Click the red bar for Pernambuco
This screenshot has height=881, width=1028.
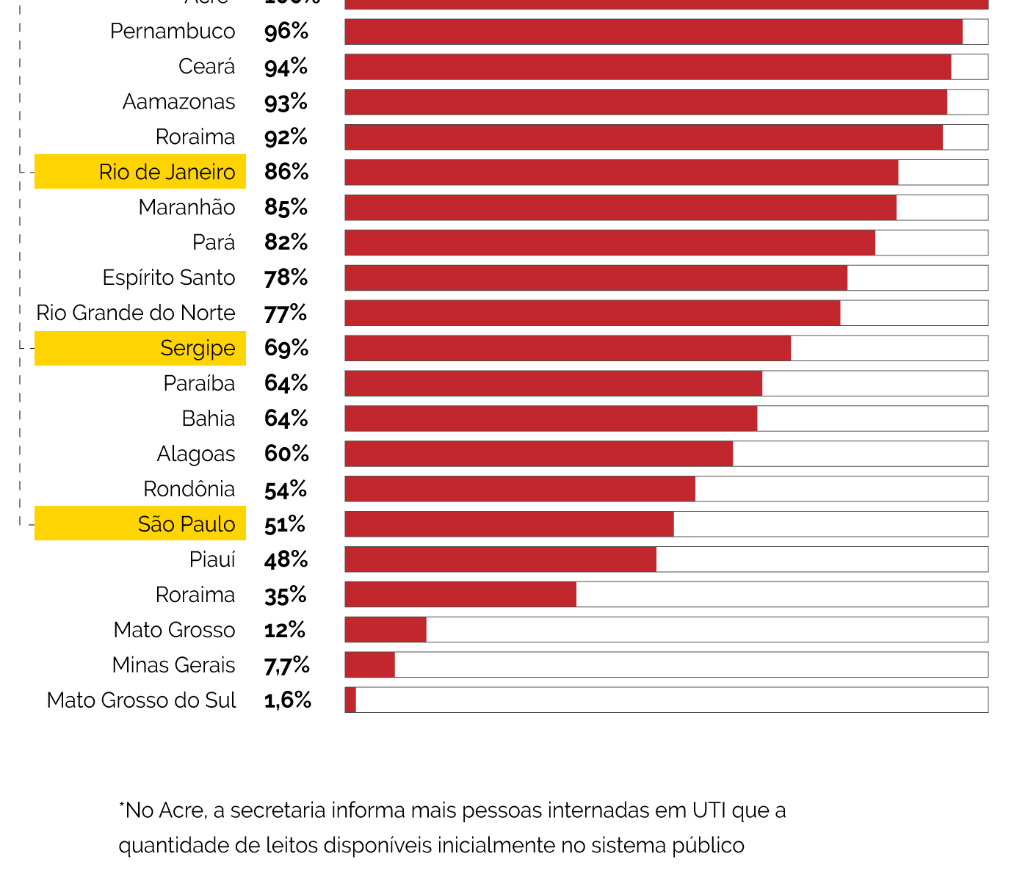pos(654,32)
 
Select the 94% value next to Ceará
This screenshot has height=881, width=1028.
pos(286,67)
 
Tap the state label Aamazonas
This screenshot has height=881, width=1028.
pos(178,101)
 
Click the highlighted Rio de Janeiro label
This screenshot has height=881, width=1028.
pos(167,172)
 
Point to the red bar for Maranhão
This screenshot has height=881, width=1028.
pos(620,208)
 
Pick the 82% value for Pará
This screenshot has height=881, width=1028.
pos(286,242)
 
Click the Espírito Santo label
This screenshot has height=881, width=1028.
pos(169,278)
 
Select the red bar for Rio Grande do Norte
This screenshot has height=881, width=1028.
pos(593,313)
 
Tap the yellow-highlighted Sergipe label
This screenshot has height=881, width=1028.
pos(198,348)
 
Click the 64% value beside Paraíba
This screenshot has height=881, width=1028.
pos(286,383)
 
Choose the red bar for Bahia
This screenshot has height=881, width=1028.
pos(551,418)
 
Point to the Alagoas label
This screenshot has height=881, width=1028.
pos(196,454)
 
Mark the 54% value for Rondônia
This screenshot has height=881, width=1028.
pos(286,489)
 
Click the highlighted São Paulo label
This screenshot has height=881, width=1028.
pos(187,524)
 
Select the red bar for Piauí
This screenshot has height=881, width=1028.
pos(501,559)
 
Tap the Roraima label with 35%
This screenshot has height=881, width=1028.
pos(195,595)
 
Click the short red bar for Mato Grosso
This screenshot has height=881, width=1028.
pos(385,630)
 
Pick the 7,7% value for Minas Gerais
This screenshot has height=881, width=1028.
pos(286,665)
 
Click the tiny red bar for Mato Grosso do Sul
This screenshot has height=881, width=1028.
pos(350,700)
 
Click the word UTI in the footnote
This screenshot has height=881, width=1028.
pos(709,811)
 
